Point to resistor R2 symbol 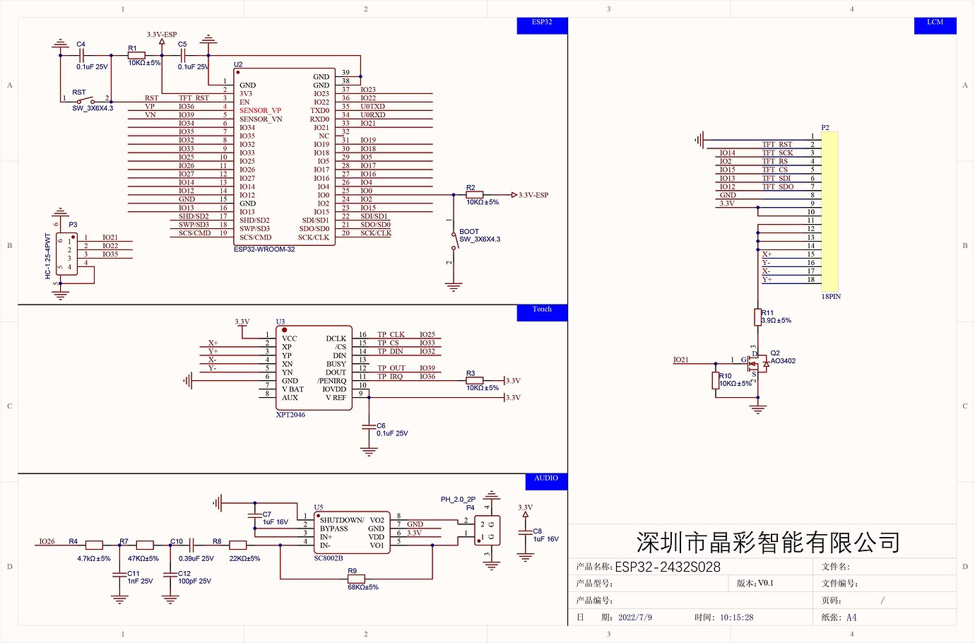coord(474,195)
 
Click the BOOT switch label coord(469,232)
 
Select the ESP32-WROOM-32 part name coord(264,249)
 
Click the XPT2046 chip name coord(290,415)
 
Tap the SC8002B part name coord(329,558)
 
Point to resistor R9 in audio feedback coord(356,579)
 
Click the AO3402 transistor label coord(783,361)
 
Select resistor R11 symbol coord(757,317)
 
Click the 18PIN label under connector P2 coord(831,297)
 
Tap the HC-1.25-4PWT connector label coord(48,256)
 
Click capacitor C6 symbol coord(369,427)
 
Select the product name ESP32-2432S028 coord(668,567)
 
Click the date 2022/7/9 coord(634,618)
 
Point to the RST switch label coord(78,93)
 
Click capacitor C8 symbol coord(525,535)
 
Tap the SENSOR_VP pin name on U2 coord(260,111)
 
